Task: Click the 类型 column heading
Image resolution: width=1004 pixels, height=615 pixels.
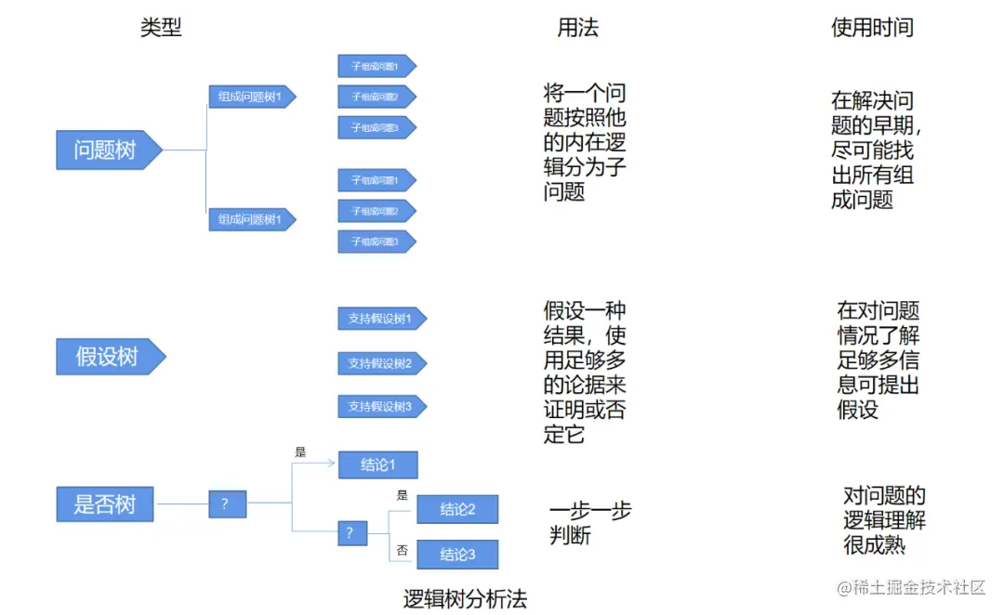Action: point(161,28)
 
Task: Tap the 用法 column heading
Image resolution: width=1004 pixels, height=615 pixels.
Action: point(577,28)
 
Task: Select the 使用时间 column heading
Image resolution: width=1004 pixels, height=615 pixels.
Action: point(871,28)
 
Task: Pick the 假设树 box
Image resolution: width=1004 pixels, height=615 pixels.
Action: point(108,357)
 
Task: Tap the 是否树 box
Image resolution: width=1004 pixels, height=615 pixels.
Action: point(105,504)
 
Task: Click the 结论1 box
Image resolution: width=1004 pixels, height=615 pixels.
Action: point(377,465)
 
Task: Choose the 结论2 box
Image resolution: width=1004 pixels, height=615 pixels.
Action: point(457,509)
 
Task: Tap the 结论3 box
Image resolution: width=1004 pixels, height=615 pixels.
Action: point(457,555)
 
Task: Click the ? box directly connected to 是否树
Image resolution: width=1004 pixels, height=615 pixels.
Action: point(227,504)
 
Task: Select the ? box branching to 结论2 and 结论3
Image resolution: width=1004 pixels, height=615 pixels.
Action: point(350,533)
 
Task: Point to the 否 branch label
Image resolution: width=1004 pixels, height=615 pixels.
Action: point(402,551)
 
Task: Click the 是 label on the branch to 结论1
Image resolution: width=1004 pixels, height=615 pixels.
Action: point(300,452)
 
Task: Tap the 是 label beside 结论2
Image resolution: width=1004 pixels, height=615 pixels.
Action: point(402,495)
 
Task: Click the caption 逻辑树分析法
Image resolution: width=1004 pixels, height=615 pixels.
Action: point(465,599)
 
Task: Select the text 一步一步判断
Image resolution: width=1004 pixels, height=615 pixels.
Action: point(589,523)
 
